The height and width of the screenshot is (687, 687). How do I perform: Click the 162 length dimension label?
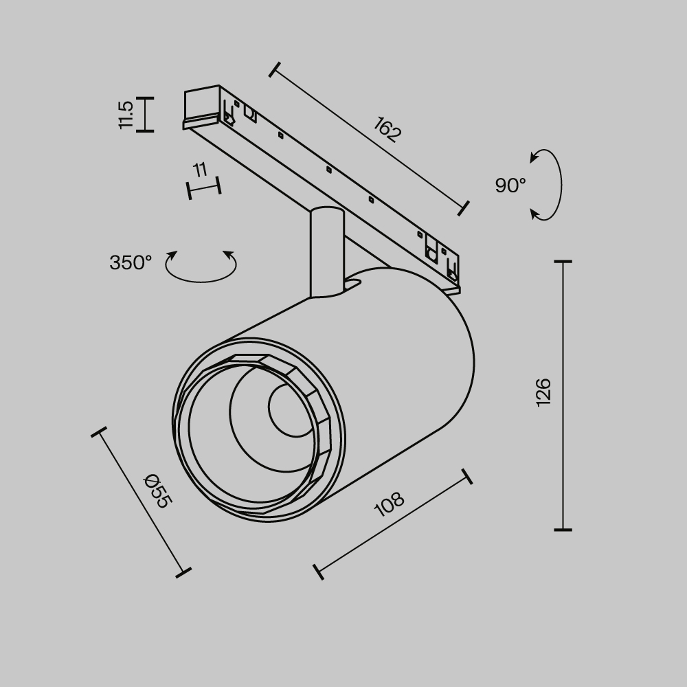pos(387,130)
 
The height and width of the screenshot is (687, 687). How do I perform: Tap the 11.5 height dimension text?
pos(126,115)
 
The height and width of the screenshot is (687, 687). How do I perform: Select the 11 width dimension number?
pos(200,170)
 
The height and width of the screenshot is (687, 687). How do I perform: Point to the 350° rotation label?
pos(130,262)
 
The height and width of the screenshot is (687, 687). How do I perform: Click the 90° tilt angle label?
pos(510,185)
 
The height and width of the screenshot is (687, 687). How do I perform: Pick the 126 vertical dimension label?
pos(543,392)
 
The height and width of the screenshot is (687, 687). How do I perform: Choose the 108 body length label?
pos(389,505)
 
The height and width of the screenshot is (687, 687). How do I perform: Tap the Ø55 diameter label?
pos(157,491)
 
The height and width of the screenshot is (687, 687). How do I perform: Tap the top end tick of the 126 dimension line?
pos(563,262)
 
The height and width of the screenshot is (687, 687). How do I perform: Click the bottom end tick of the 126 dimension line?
pos(563,530)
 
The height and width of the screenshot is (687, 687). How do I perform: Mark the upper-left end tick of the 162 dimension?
pos(275,69)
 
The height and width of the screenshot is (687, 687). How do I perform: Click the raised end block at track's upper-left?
pos(201,103)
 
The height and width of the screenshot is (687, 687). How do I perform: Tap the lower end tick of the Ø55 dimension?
pos(183,571)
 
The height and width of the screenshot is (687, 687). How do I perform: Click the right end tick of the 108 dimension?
pos(467,476)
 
